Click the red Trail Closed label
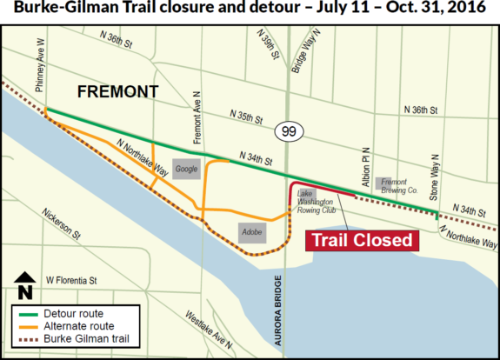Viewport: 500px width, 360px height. point(361,240)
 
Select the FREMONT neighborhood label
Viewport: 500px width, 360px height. point(118,91)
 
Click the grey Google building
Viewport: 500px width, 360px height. point(186,169)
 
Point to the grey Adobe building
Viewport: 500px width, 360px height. point(251,231)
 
